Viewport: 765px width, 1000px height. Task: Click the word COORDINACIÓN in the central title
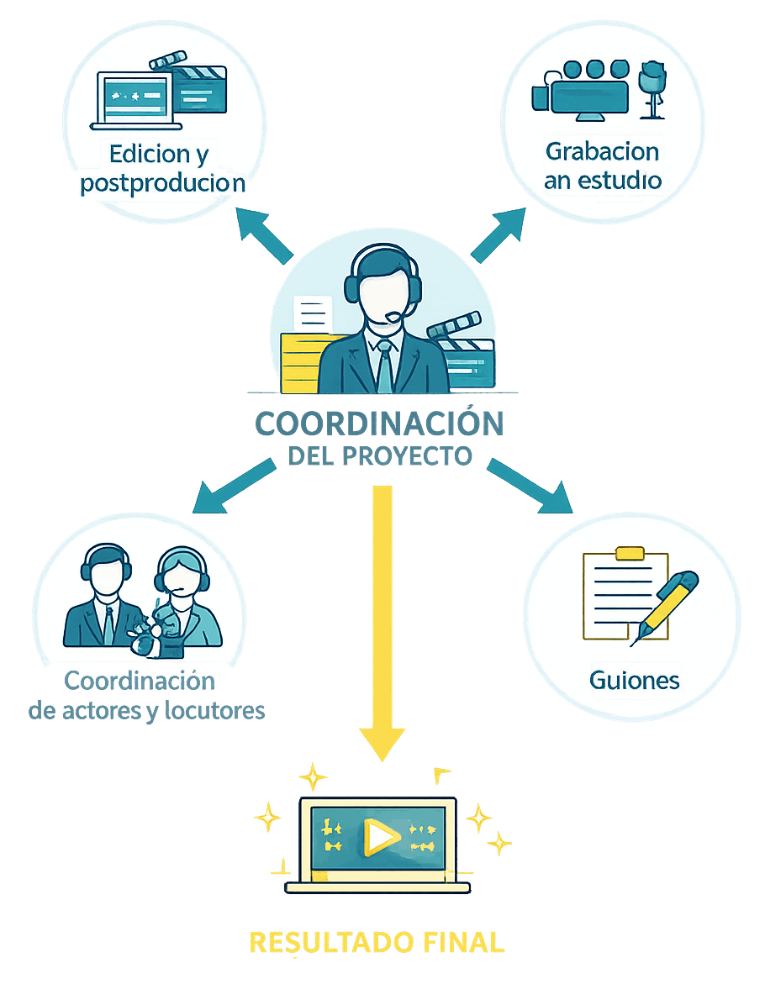379,424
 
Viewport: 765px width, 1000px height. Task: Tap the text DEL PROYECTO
379,456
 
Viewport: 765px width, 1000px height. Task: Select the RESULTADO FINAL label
377,942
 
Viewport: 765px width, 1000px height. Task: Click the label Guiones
634,679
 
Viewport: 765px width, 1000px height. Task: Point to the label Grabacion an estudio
603,166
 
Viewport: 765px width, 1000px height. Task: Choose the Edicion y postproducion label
162,169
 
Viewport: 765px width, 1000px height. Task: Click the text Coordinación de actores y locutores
147,694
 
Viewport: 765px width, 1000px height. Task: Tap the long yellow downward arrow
382,622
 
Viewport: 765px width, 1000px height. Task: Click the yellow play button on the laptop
380,835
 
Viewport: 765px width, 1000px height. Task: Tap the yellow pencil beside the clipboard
667,604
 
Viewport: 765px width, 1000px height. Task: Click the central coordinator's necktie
384,366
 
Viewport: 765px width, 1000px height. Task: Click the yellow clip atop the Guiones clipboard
630,553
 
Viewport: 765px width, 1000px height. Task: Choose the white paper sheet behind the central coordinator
311,314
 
